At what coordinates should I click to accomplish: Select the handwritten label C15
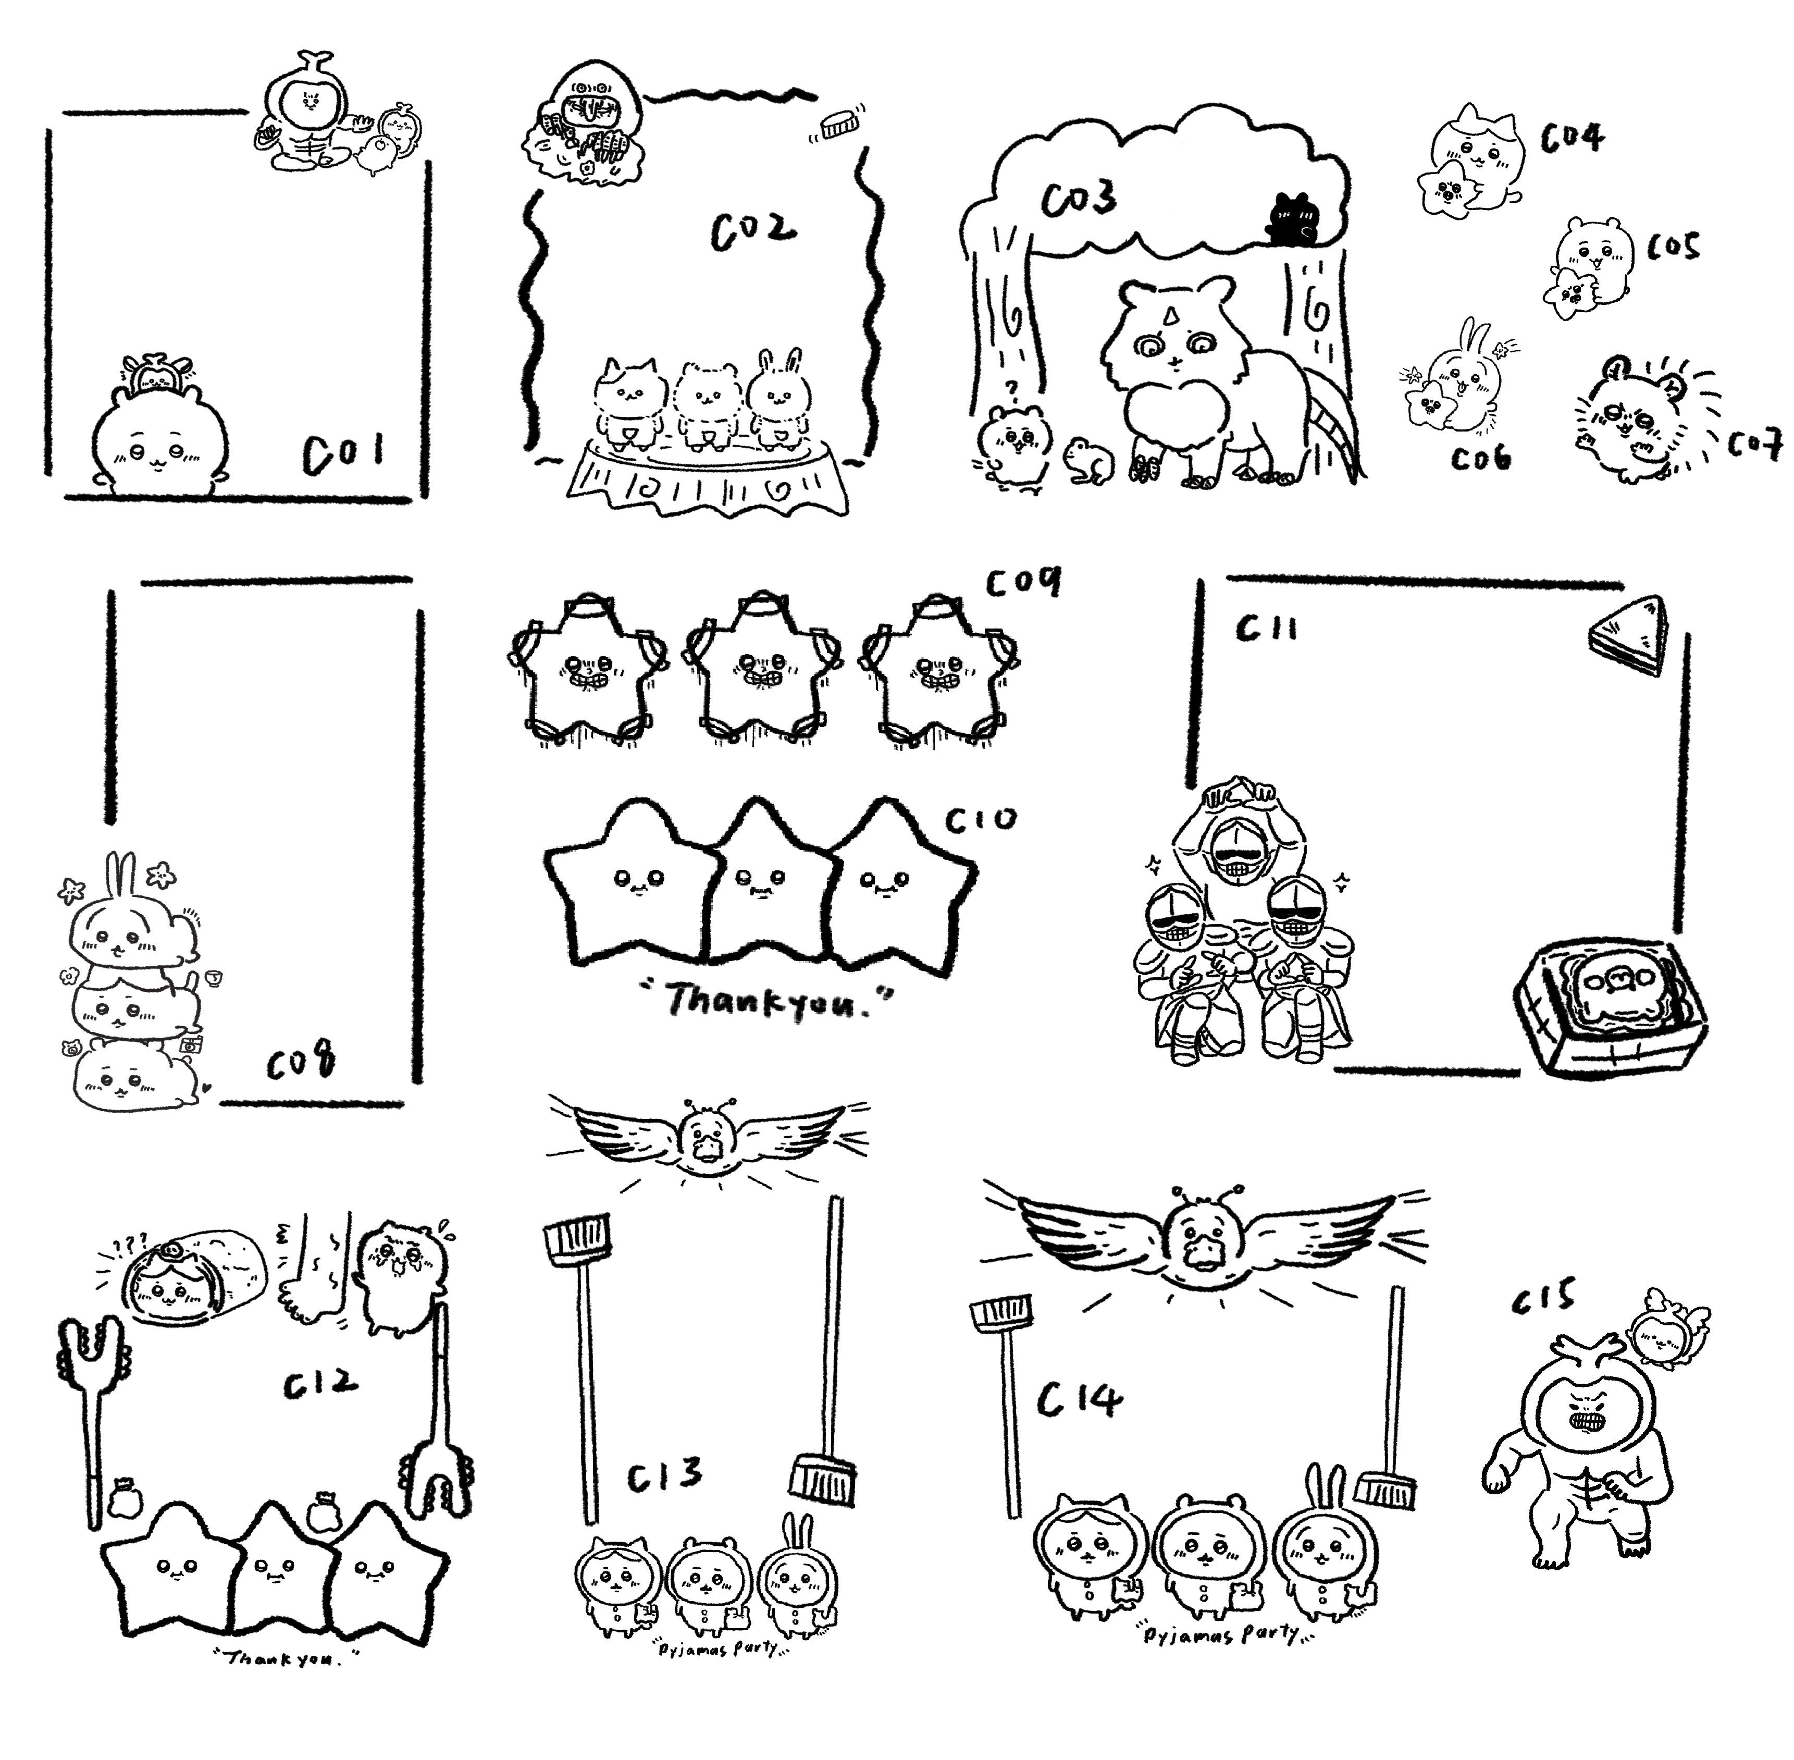(x=1543, y=1297)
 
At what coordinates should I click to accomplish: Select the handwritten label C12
(x=319, y=1383)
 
